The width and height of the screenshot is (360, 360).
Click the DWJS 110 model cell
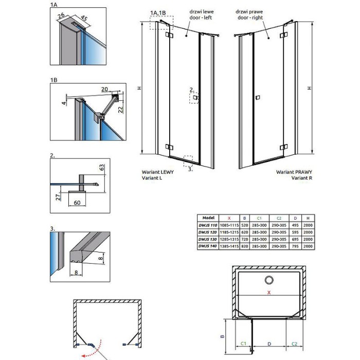point(208,225)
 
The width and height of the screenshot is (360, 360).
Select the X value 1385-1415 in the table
point(231,247)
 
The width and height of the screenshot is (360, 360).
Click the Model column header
point(208,218)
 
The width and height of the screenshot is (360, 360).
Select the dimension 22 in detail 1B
point(119,109)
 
